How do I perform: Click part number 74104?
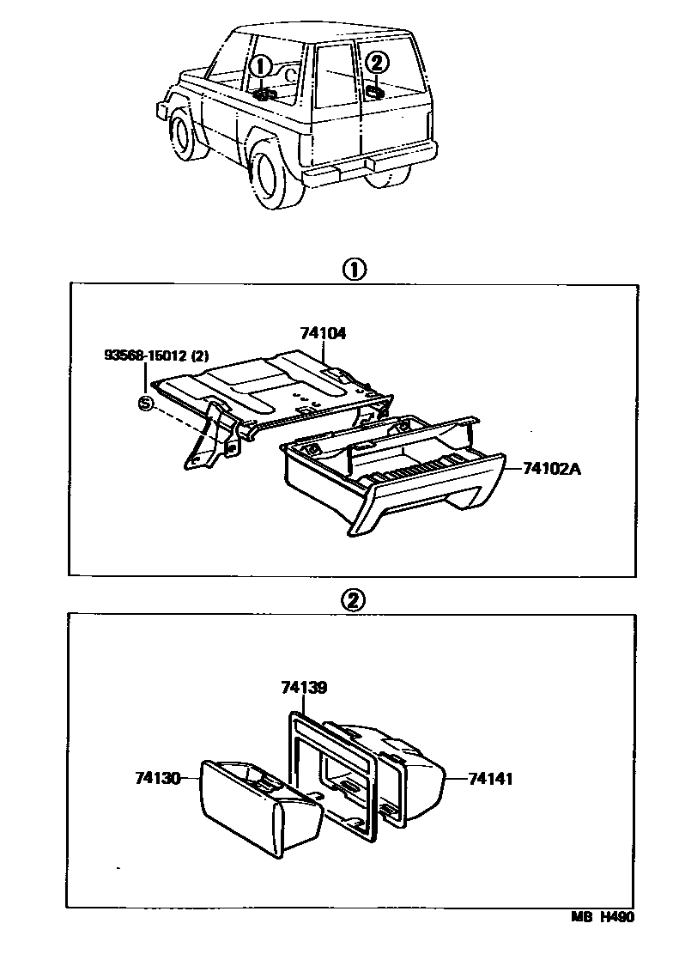point(323,334)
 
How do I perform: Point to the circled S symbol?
point(146,403)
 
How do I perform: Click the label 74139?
point(304,688)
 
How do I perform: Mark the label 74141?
point(490,778)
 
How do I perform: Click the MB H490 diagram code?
point(603,918)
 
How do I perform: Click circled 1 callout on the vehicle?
point(263,66)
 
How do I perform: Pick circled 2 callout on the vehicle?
point(378,63)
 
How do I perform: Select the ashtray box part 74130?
point(258,807)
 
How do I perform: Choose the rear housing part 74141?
point(412,764)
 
